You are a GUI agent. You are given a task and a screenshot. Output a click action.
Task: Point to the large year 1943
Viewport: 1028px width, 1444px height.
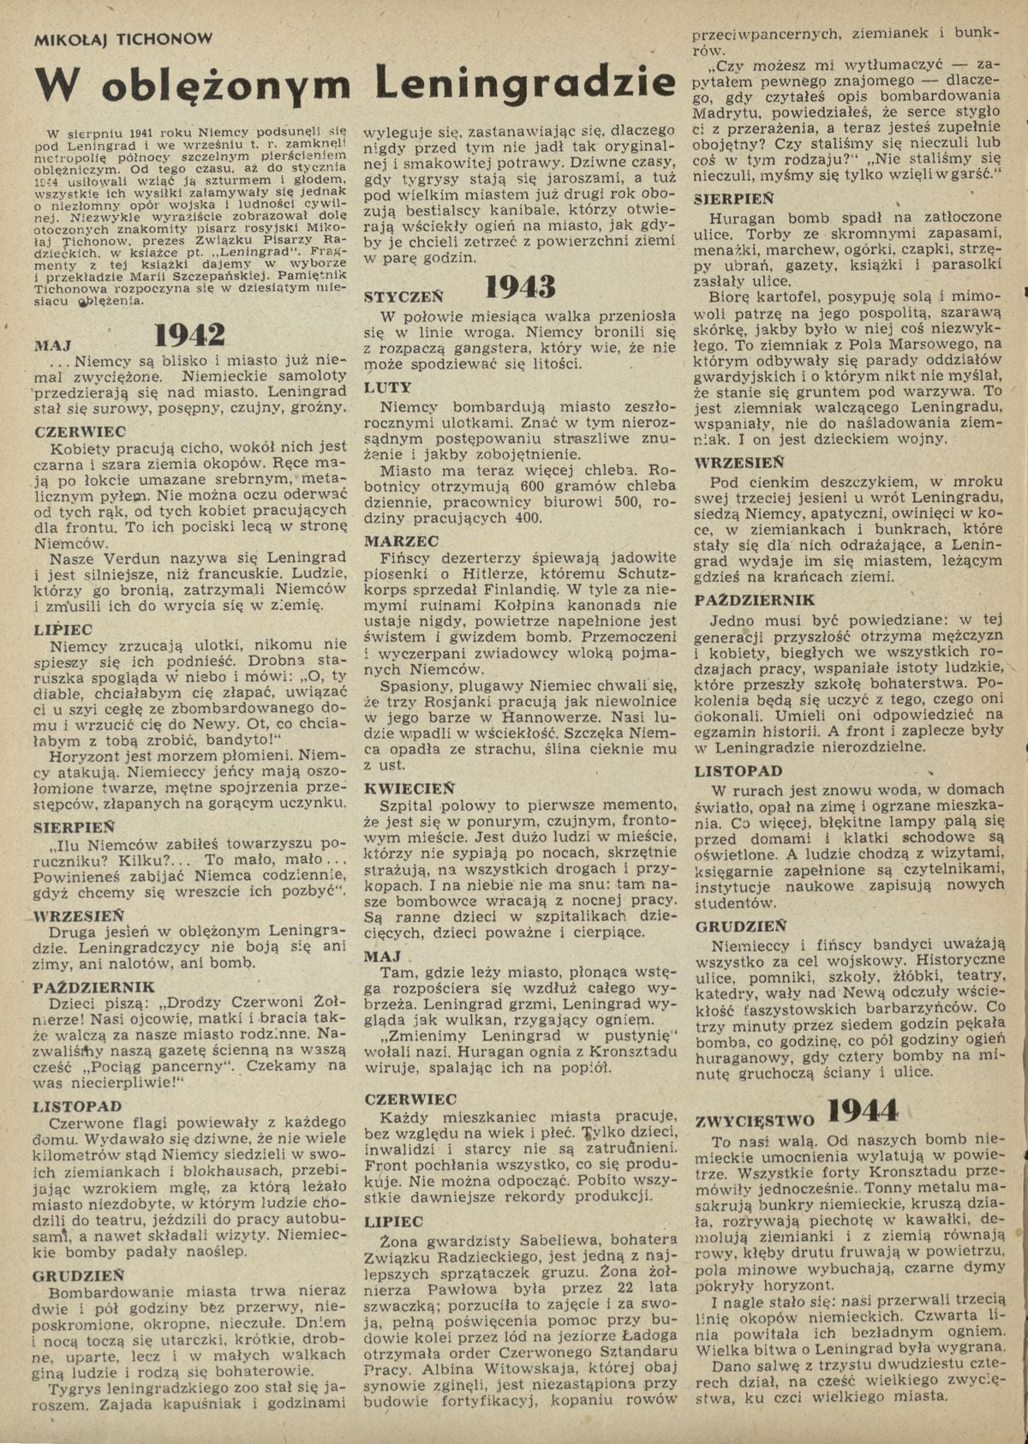coord(520,287)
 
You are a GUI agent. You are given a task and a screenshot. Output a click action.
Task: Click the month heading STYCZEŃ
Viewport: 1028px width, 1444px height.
coord(403,297)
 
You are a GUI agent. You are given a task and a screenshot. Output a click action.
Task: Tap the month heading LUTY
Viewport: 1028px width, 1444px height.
coord(388,387)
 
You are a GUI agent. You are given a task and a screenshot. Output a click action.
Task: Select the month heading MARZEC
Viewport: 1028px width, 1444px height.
coord(401,541)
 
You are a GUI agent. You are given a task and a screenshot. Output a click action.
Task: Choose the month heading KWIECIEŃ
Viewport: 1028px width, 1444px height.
coord(409,788)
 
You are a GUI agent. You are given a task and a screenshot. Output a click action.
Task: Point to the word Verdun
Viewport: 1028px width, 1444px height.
coord(120,557)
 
